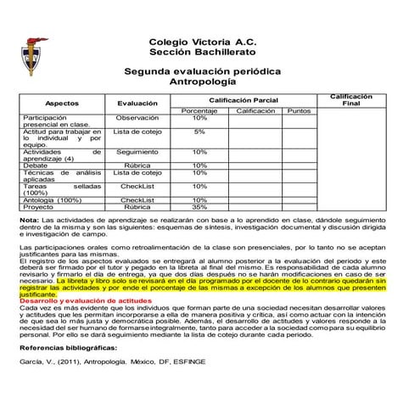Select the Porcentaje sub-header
coord(199,111)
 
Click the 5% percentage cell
coord(199,132)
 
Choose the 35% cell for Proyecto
coord(200,206)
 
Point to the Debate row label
coord(36,165)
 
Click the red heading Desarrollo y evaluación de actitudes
coord(85,301)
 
